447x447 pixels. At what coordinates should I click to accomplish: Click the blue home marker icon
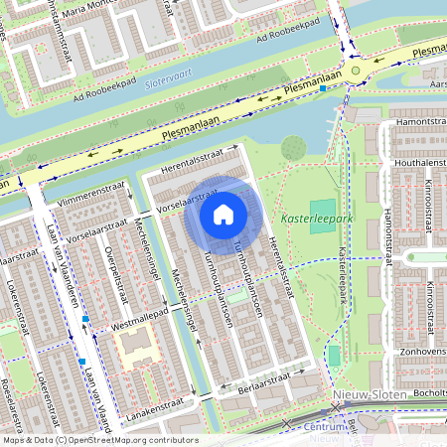point(223,214)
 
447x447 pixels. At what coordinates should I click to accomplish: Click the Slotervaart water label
point(167,83)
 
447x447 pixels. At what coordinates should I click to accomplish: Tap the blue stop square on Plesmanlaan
point(323,88)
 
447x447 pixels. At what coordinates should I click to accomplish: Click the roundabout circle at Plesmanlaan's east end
point(355,70)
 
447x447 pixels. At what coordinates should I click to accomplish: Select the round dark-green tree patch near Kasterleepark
point(292,148)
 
